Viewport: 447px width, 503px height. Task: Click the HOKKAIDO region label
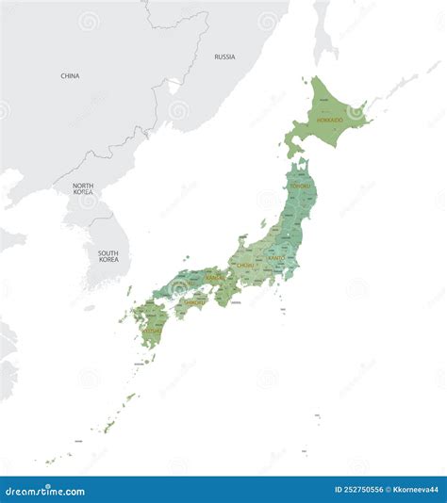[x=330, y=121]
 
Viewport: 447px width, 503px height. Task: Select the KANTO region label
[x=276, y=256]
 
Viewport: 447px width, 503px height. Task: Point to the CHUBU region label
[x=247, y=266]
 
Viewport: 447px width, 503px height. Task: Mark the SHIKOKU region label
[x=194, y=302]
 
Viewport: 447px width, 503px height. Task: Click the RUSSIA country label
[x=224, y=57]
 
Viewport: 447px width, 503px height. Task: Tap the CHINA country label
[x=70, y=75]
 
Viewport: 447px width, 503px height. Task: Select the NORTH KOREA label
[x=83, y=189]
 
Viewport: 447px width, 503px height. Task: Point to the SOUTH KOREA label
[x=108, y=255]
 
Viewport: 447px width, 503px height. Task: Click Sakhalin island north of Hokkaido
[x=323, y=33]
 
